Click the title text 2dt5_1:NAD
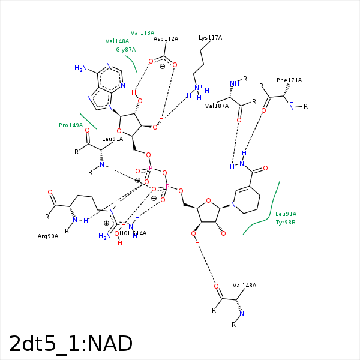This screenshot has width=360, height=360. click(x=71, y=344)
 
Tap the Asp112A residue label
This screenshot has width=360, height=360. click(x=166, y=39)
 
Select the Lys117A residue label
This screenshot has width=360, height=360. click(x=210, y=38)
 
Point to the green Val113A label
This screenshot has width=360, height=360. click(x=142, y=33)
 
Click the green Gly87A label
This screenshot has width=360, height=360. click(x=125, y=50)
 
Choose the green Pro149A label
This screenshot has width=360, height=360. click(x=71, y=125)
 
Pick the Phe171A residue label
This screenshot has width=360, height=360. click(x=289, y=80)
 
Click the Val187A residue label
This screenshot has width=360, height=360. click(x=217, y=106)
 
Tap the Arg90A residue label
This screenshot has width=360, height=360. click(x=48, y=236)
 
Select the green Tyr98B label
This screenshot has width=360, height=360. click(x=286, y=223)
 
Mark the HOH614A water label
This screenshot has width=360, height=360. click(x=133, y=233)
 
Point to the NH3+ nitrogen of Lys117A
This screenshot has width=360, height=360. click(x=198, y=88)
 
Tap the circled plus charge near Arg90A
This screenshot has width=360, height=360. click(x=106, y=223)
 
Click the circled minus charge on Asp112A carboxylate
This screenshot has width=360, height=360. click(x=163, y=67)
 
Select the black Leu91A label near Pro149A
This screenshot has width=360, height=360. click(x=112, y=139)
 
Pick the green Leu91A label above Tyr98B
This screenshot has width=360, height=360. click(x=286, y=214)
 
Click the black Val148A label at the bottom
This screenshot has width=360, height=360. click(x=244, y=286)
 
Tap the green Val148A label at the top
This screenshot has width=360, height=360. click(x=117, y=41)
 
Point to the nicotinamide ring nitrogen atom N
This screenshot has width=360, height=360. click(x=233, y=205)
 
